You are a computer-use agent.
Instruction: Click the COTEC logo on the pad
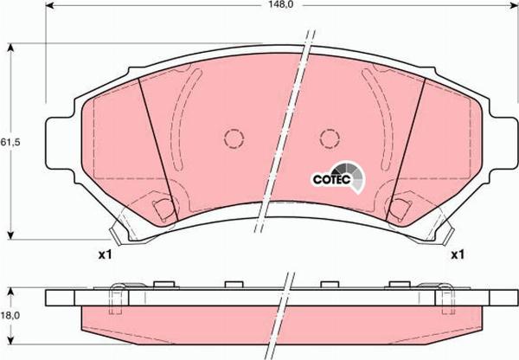click(x=333, y=177)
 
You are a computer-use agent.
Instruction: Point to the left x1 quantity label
click(x=106, y=255)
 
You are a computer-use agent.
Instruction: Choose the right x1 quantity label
click(x=457, y=255)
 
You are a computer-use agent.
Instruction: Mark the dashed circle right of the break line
click(x=329, y=138)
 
